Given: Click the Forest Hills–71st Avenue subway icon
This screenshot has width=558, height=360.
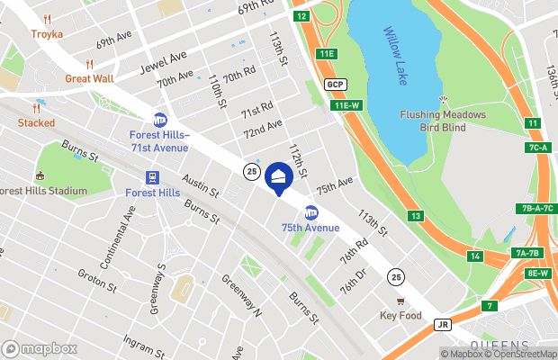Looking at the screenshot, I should (160, 120).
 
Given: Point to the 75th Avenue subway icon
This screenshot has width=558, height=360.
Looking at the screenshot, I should (311, 212).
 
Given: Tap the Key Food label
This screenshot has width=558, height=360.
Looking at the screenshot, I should (400, 315).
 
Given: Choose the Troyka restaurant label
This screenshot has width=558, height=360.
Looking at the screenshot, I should (47, 34).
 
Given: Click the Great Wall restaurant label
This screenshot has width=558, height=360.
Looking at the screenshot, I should (89, 78).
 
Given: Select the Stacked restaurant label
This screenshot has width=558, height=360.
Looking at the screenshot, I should (36, 122).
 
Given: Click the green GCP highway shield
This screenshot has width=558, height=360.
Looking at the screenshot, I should (337, 85).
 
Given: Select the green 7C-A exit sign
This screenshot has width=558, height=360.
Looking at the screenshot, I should (538, 147).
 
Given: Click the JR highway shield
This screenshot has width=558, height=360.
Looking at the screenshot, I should (441, 324).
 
